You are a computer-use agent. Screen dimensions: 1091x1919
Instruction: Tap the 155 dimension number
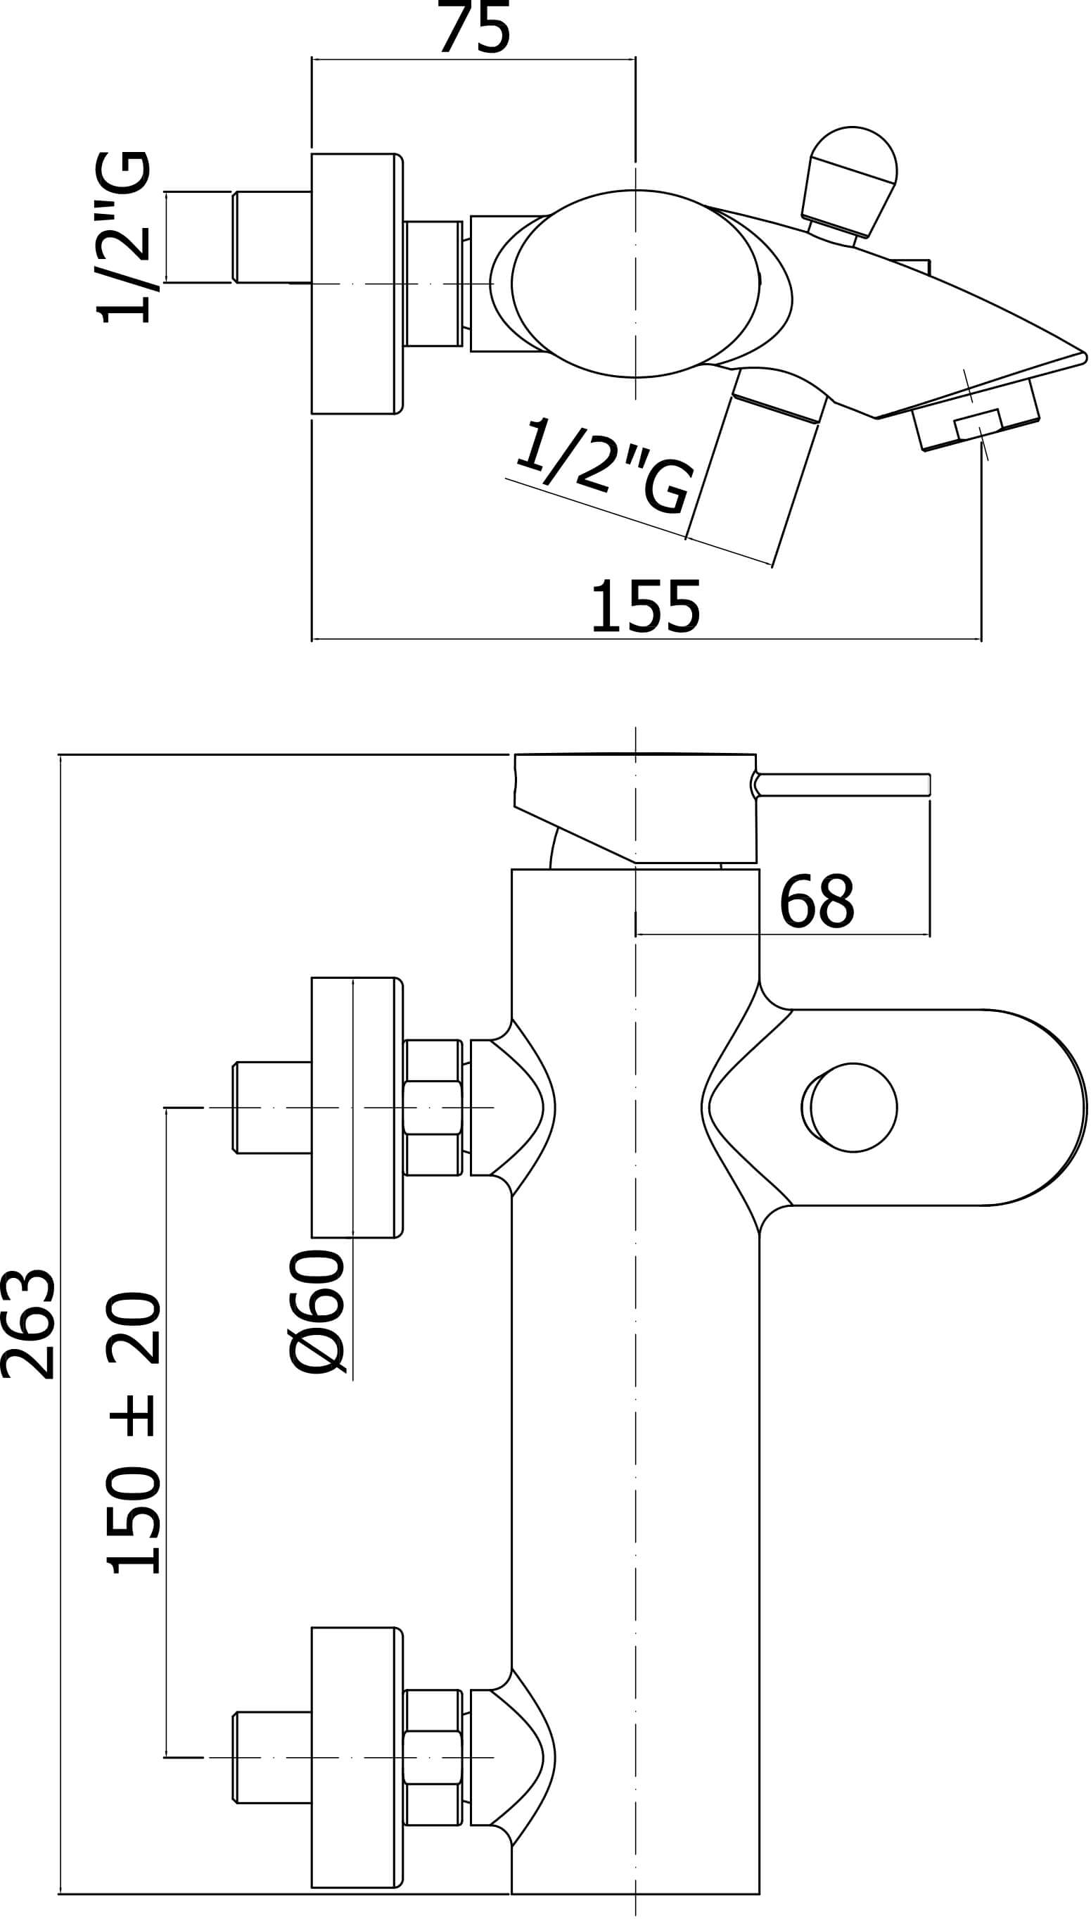point(645,607)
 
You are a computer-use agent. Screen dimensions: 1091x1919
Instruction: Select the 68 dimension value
point(817,900)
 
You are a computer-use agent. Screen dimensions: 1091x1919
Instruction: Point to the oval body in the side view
point(635,284)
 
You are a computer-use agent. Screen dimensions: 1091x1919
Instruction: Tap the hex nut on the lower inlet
point(433,1758)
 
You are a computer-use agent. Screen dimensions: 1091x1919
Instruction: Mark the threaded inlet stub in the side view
point(272,237)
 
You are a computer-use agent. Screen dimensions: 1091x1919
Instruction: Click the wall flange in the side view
point(357,284)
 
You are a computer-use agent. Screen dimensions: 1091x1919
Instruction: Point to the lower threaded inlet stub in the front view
point(272,1758)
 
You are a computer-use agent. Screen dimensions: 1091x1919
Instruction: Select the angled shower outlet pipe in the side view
point(757,464)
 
